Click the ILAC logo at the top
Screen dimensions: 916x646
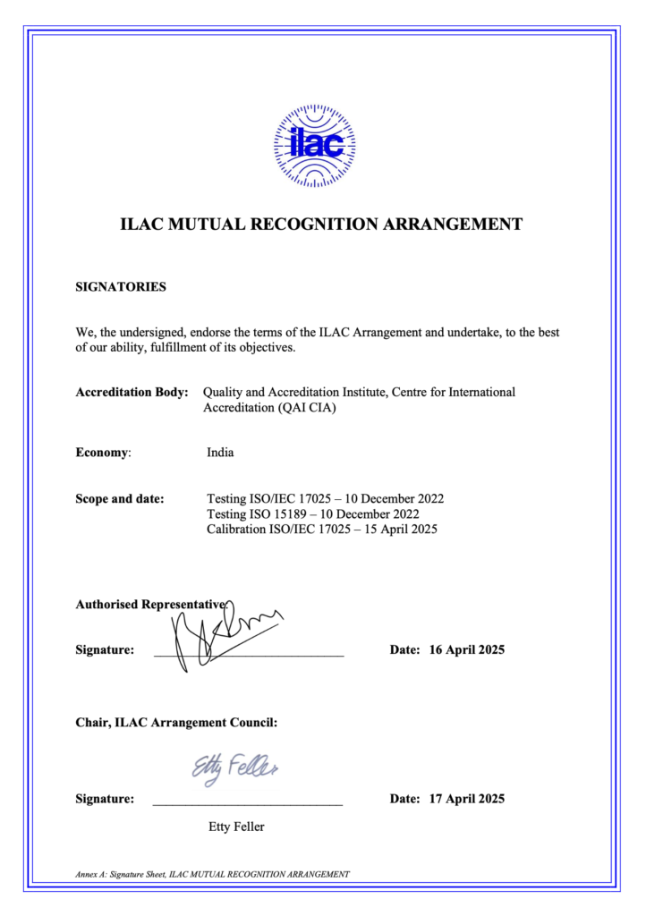click(314, 145)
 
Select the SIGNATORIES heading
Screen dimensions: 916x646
click(121, 287)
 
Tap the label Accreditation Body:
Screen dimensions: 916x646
click(132, 392)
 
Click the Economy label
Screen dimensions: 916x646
click(103, 453)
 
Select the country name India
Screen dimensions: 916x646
click(220, 453)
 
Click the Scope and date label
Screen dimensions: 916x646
click(120, 498)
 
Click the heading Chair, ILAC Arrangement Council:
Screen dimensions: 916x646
click(176, 723)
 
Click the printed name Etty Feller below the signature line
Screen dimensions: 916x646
click(236, 827)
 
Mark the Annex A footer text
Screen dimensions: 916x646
click(212, 874)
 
